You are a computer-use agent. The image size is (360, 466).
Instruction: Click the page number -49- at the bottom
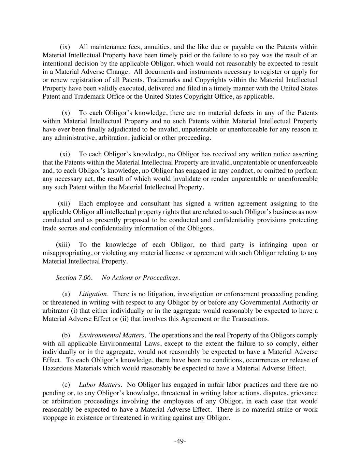(x=180, y=441)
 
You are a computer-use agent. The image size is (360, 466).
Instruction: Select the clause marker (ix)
(x=65, y=47)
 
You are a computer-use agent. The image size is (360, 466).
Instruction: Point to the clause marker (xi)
(x=65, y=154)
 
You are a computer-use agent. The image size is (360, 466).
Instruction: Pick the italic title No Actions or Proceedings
(x=141, y=278)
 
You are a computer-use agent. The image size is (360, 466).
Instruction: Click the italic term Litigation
(x=93, y=294)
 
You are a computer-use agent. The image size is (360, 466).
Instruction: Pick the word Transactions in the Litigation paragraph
(x=250, y=319)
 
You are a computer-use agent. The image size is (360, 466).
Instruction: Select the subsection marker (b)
(x=66, y=335)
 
